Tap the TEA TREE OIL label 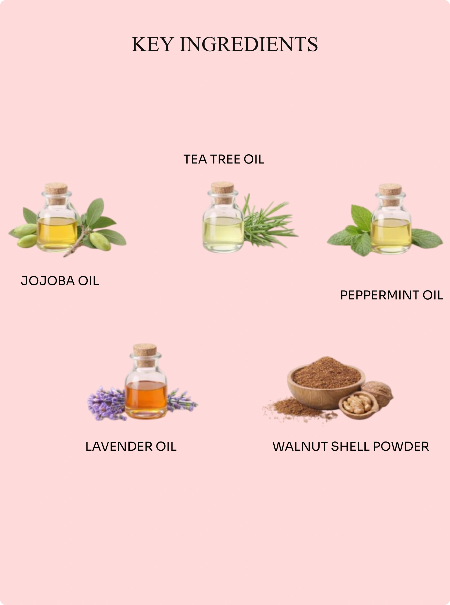click(x=224, y=159)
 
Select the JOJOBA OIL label click(x=60, y=281)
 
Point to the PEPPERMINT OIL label click(x=392, y=295)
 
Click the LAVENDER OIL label click(x=131, y=447)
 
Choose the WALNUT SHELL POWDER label click(x=351, y=447)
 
